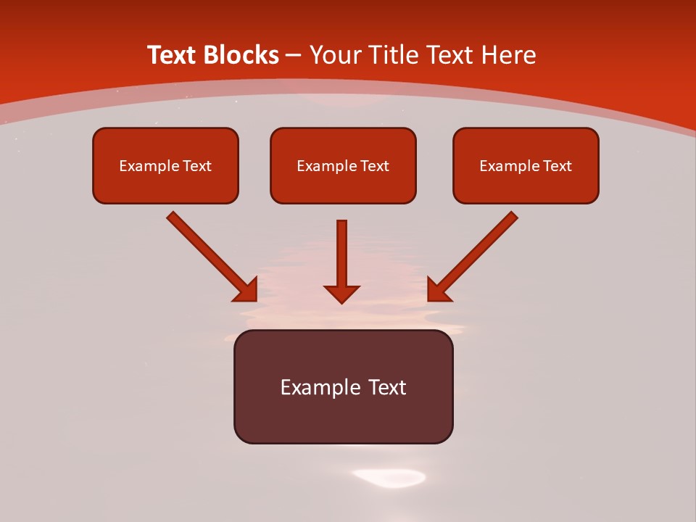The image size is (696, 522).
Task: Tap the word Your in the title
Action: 336,55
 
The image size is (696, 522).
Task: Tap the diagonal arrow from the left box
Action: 210,255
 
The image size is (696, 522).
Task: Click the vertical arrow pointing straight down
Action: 341,254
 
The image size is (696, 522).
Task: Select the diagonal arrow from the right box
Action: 474,255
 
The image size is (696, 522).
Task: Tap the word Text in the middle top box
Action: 374,166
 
